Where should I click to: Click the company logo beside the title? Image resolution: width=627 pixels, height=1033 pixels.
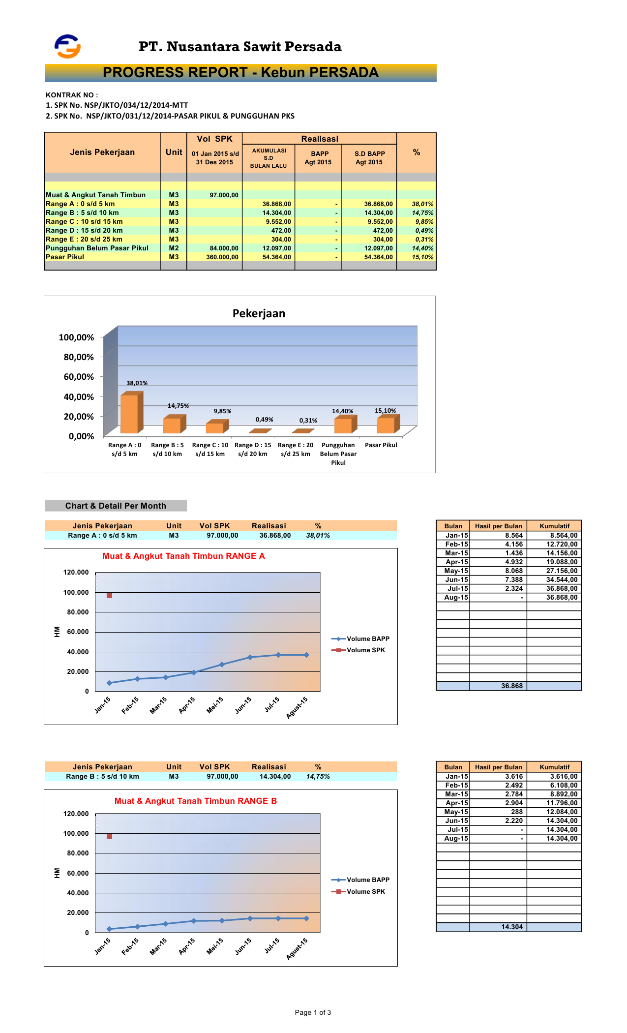click(67, 46)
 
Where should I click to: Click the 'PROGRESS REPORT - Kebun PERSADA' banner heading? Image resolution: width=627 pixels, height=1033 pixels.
click(240, 73)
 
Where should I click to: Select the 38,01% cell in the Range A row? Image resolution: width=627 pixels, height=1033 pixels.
click(422, 204)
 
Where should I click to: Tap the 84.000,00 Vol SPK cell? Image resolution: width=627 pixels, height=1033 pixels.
click(224, 248)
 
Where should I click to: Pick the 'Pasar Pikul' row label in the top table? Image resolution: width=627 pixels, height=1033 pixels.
click(65, 257)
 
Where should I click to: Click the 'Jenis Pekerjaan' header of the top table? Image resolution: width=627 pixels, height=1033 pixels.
click(102, 152)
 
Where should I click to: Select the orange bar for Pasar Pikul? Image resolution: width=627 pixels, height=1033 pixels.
click(386, 425)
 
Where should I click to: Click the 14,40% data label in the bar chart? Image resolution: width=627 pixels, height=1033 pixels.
click(342, 411)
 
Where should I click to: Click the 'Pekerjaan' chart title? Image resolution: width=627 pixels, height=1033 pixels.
click(259, 314)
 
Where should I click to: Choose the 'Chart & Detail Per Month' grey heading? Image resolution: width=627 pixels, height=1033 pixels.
click(116, 506)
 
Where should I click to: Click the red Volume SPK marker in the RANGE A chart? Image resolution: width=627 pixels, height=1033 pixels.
click(109, 595)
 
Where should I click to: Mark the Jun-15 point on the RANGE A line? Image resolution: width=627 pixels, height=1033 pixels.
click(250, 657)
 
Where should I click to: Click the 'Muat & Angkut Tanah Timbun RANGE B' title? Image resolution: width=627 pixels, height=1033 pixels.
click(196, 801)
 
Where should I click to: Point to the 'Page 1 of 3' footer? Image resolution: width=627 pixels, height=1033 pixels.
click(313, 1012)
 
